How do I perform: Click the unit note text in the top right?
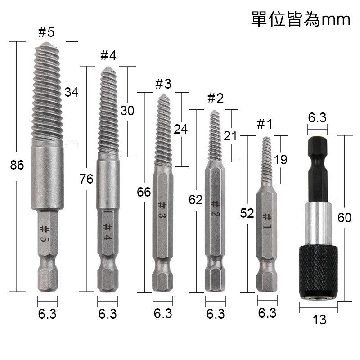pyautogui.click(x=301, y=19)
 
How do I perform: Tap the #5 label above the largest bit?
pyautogui.click(x=46, y=32)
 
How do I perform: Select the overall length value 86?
pyautogui.click(x=17, y=165)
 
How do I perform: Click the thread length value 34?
pyautogui.click(x=72, y=92)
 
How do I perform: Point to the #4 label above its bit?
pyautogui.click(x=108, y=55)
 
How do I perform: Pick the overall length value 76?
pyautogui.click(x=86, y=179)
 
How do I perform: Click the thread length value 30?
pyautogui.click(x=127, y=111)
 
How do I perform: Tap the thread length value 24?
pyautogui.click(x=181, y=129)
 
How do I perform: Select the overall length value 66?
pyautogui.click(x=144, y=192)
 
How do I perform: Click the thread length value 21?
pyautogui.click(x=230, y=136)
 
